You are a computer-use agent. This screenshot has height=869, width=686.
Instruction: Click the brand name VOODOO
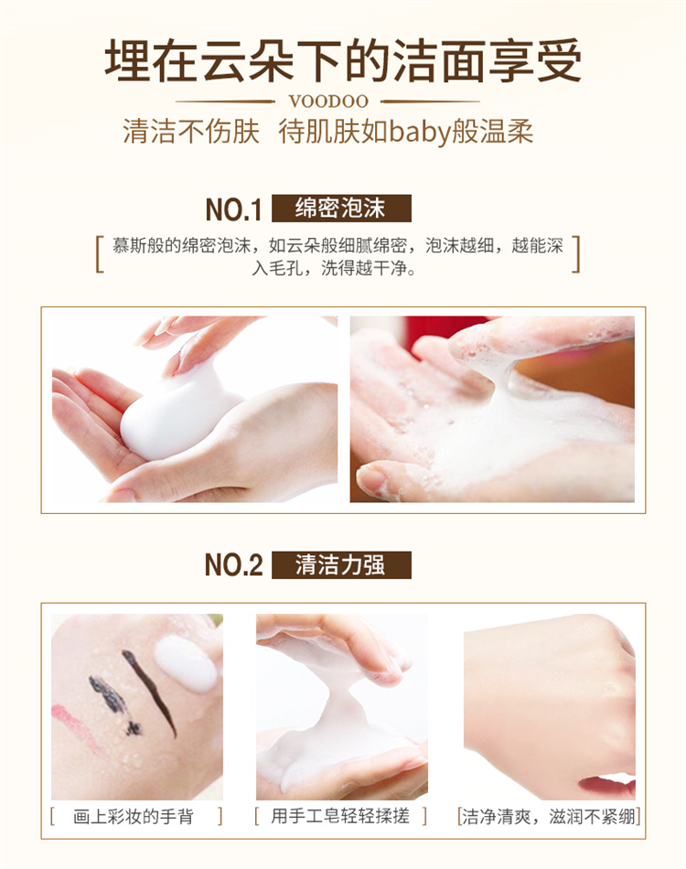click(328, 102)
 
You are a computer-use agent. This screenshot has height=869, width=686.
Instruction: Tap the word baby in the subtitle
click(420, 133)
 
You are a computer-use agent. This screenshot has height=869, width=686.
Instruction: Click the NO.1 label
click(233, 209)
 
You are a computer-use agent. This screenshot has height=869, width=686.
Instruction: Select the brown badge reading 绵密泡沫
click(341, 209)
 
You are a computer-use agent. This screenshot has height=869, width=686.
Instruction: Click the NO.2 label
click(233, 565)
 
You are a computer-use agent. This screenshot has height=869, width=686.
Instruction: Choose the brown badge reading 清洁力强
click(341, 564)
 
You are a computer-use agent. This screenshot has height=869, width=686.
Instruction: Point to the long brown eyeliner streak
click(150, 692)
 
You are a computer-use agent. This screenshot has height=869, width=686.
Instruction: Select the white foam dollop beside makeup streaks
click(186, 663)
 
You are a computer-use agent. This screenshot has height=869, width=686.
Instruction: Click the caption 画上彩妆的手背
click(133, 816)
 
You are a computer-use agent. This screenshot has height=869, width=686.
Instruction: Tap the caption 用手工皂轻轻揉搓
click(339, 816)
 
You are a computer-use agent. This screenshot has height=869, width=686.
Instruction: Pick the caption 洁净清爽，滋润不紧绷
click(549, 816)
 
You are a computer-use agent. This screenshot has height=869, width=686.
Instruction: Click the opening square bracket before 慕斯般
click(100, 255)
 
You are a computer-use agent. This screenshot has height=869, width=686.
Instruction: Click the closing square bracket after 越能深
click(575, 255)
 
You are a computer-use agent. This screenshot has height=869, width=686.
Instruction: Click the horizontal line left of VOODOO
click(225, 102)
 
